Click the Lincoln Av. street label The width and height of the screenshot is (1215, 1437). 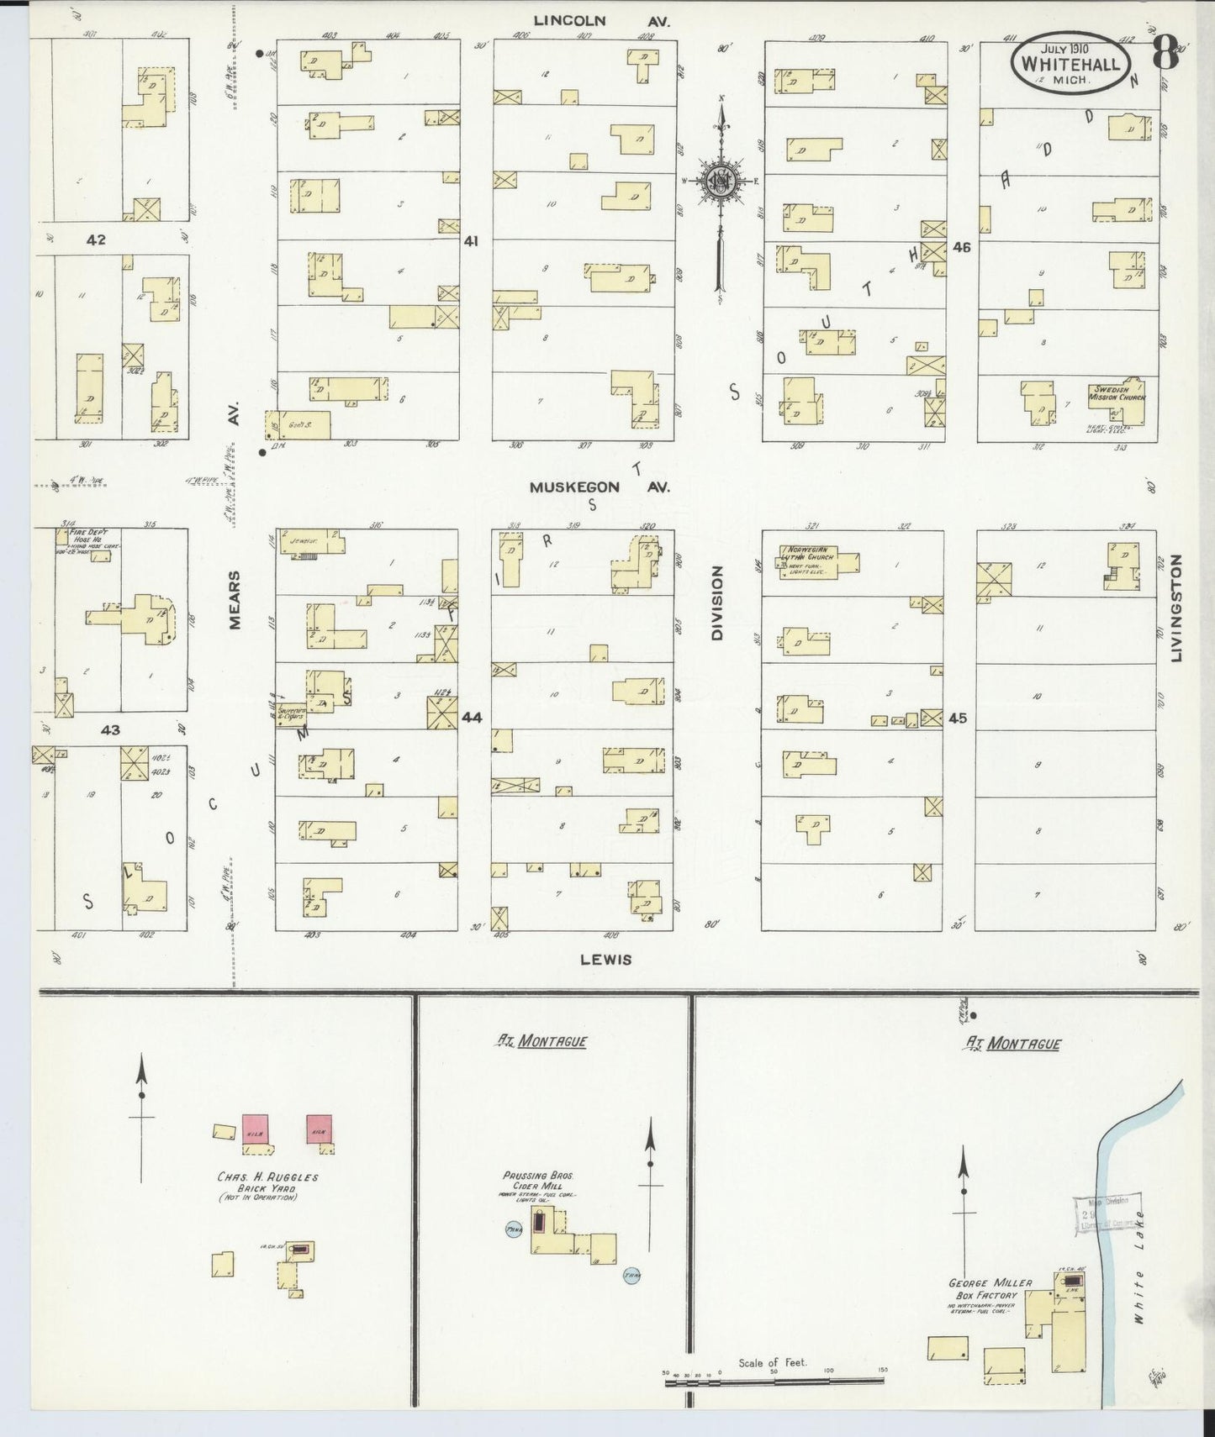(x=604, y=22)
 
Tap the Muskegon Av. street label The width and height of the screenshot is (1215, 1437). (x=599, y=487)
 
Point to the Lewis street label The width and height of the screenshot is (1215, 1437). (x=605, y=959)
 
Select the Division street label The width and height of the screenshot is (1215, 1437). (x=717, y=603)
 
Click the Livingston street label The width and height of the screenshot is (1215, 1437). (x=1176, y=607)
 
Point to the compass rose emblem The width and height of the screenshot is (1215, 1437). (x=721, y=181)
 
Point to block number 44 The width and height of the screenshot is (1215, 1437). (x=472, y=717)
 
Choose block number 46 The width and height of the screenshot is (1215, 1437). (x=960, y=248)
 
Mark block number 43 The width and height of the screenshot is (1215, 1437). (x=110, y=730)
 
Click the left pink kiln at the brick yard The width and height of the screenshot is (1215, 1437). (x=255, y=1128)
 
